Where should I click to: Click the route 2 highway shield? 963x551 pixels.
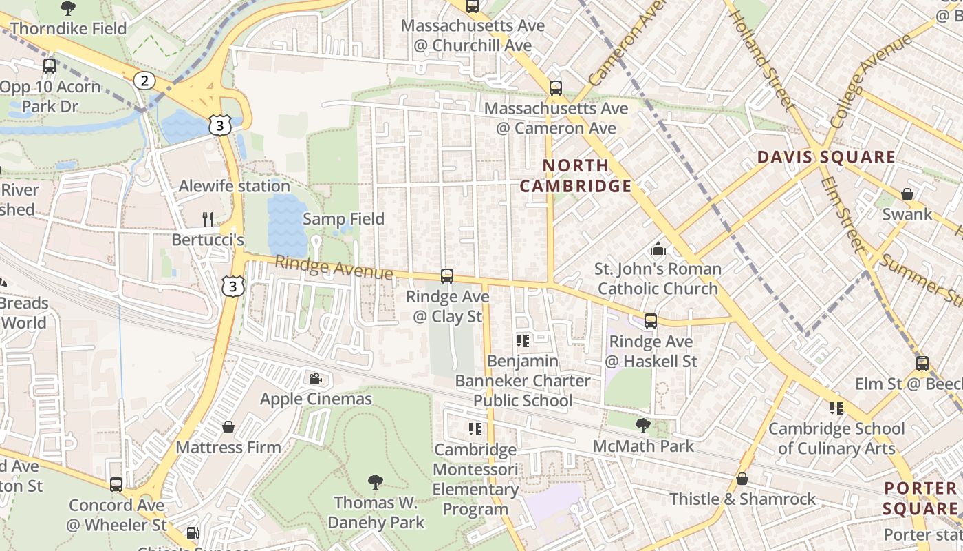144,81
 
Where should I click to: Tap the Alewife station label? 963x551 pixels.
234,186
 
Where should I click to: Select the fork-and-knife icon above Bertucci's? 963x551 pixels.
208,220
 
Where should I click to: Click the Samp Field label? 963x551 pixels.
343,219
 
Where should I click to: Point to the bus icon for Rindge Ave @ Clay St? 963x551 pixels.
447,276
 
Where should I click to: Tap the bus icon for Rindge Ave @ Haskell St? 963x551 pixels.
651,321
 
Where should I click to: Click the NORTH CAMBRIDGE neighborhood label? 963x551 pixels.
575,176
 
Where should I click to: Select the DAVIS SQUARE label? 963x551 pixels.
826,157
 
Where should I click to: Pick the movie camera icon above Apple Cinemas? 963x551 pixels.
316,378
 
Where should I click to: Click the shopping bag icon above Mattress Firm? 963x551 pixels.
228,427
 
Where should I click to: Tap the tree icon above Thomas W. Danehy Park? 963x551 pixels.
376,481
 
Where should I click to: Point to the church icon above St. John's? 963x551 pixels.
658,249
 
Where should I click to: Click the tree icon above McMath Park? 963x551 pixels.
643,425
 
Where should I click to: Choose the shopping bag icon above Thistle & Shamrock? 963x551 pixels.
742,478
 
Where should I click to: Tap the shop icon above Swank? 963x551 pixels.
907,194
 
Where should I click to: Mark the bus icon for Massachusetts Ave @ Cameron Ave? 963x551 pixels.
556,88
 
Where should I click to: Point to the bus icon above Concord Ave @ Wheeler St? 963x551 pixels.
116,485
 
